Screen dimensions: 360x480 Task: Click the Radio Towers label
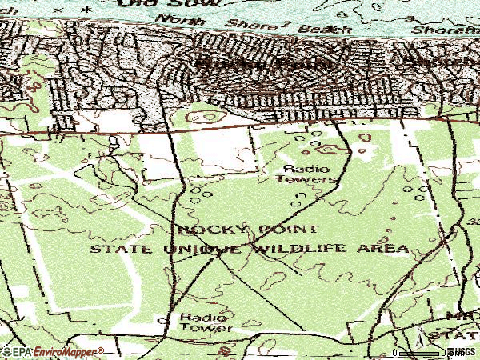pos(306,174)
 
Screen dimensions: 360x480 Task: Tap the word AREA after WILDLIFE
pos(389,249)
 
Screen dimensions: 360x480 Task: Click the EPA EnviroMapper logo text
pos(53,352)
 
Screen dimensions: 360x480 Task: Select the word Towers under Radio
pos(306,180)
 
